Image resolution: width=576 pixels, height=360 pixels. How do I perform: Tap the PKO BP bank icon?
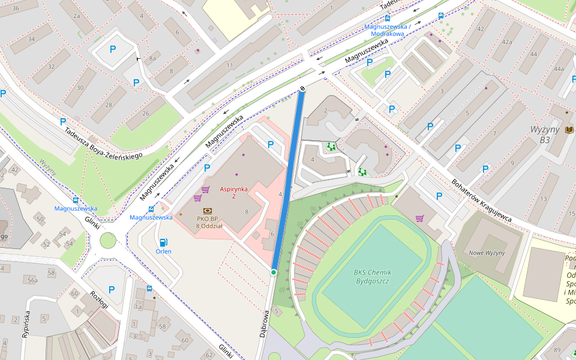coord(208,211)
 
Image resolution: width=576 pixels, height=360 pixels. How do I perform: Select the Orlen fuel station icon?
coord(163,242)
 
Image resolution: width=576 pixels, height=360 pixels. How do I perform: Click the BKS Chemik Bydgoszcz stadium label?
coord(373,277)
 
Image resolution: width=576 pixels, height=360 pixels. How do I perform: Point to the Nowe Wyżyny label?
coord(487,253)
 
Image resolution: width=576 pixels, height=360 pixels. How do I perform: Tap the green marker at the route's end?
coord(274,272)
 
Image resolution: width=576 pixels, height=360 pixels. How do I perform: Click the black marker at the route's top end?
coord(302,89)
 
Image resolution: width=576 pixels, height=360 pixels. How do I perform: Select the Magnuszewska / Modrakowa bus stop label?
coord(388,30)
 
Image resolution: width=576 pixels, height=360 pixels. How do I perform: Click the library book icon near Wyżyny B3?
coord(569,130)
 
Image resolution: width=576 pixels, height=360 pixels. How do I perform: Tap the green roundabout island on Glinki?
coord(108,241)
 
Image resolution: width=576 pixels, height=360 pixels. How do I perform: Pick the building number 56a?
coord(32,280)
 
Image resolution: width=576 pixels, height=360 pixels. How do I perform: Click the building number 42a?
coord(507,42)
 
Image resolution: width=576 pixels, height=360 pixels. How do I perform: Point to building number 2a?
coord(76,16)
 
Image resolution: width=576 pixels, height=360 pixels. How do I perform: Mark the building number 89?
coord(557,350)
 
